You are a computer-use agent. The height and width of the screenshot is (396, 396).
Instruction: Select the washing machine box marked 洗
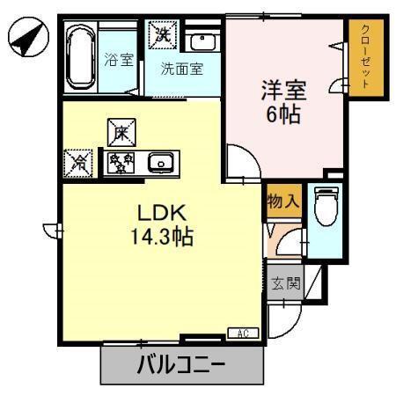163,35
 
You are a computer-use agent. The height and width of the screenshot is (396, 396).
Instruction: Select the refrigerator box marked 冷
78,162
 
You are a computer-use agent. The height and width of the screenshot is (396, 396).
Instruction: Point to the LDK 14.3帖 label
160,226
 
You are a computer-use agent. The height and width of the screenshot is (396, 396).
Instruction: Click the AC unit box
243,333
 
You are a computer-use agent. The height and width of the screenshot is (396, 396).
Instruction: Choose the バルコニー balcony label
180,363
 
